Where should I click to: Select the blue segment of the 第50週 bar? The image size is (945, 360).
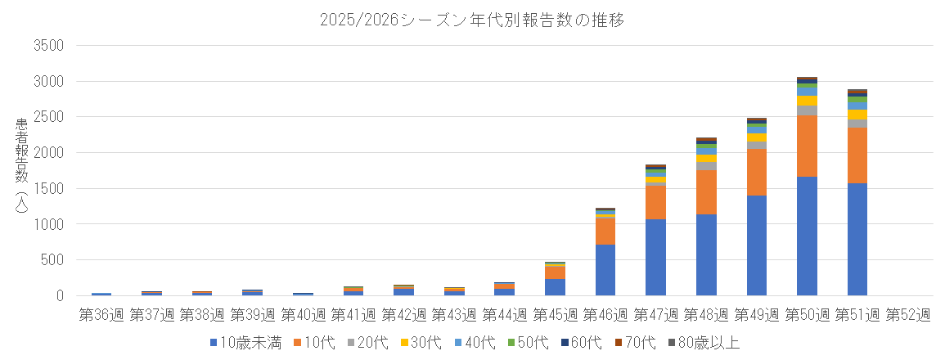click(x=807, y=236)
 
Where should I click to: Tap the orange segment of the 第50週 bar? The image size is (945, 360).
click(x=807, y=146)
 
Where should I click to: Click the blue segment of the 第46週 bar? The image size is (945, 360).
click(x=605, y=270)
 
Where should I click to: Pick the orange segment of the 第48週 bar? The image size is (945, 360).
click(x=706, y=192)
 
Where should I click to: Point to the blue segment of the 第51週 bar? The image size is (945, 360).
click(x=857, y=239)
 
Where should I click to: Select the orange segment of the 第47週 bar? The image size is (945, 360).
click(x=655, y=203)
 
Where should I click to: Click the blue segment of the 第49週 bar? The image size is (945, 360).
click(x=757, y=245)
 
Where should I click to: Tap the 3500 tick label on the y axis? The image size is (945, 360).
click(x=47, y=46)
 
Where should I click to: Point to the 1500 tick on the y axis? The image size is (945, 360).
click(x=47, y=189)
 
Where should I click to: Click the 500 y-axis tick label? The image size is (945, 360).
click(x=51, y=260)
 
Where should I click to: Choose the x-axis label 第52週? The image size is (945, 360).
click(x=907, y=314)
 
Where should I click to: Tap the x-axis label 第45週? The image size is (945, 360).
click(x=555, y=314)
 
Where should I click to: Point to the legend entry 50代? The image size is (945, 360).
click(x=536, y=343)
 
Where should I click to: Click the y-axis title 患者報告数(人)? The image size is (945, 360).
click(x=22, y=168)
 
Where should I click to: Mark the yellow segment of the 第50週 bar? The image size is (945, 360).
click(x=807, y=101)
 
